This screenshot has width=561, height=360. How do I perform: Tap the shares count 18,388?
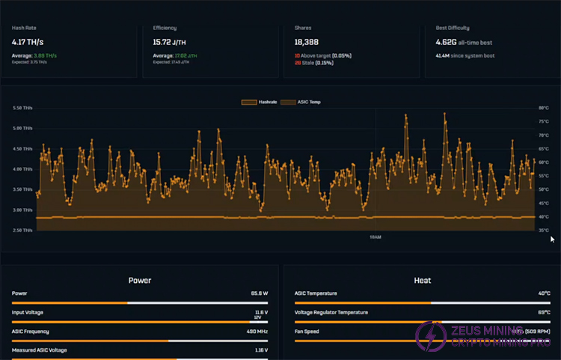point(308,43)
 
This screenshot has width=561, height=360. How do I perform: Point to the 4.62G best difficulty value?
point(452,43)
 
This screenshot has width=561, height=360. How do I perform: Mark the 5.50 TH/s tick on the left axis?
point(22,108)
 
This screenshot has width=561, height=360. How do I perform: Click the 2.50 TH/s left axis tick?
point(22,231)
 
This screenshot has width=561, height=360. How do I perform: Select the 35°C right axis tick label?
point(543,231)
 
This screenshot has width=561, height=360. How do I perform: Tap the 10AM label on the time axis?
point(375,237)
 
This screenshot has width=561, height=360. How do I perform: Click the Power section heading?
point(140,281)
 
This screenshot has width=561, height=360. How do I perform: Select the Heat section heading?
point(422,281)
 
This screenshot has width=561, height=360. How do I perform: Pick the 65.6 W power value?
point(259,294)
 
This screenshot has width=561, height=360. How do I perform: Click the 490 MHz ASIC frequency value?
point(257,331)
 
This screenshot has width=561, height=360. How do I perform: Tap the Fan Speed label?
point(307,331)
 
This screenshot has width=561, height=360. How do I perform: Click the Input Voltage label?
point(28,312)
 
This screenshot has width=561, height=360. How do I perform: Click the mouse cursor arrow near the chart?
point(553,240)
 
